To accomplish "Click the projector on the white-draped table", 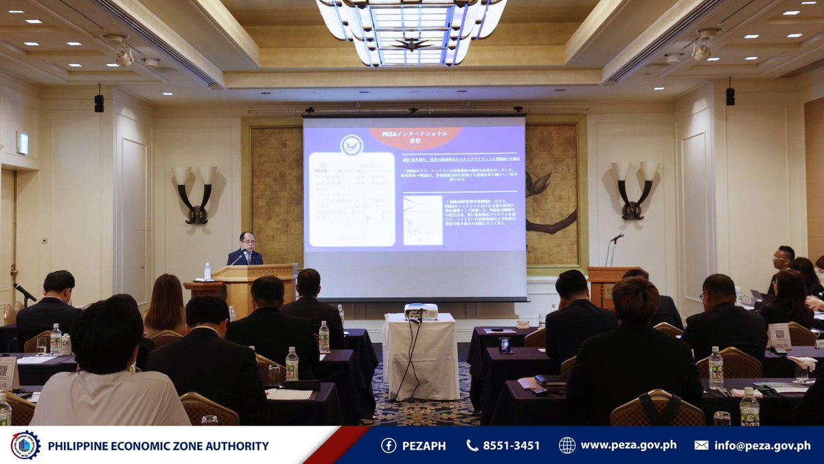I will point(421,311).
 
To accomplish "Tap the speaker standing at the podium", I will point(245,249).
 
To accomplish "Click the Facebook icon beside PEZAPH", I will point(389,445).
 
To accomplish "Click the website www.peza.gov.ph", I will point(628,445).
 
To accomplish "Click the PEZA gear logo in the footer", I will point(25,445).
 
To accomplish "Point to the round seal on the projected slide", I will point(352,145).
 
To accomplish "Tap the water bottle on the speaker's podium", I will point(207,272).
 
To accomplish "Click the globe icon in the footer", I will point(566,445).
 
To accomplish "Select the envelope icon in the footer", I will point(701,445).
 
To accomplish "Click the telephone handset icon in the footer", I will point(472,445).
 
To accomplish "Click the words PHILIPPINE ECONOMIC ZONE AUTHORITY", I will point(158,446).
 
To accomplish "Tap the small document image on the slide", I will point(423,221).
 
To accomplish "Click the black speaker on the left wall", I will point(99,102).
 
